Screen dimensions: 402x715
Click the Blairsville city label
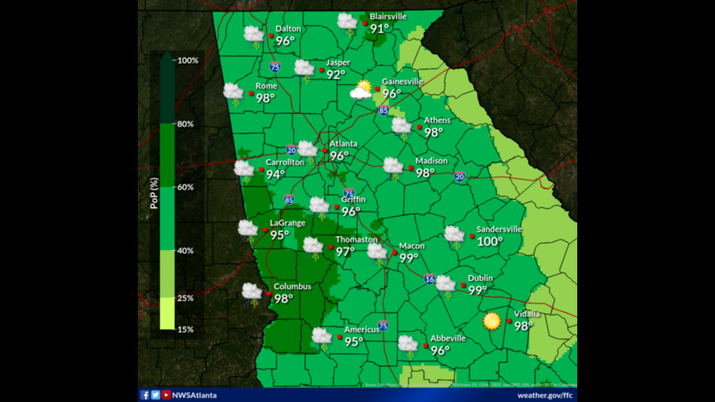[388, 16]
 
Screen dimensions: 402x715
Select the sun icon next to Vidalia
[492, 321]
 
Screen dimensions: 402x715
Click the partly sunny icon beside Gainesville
[362, 90]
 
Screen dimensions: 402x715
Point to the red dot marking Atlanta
[324, 151]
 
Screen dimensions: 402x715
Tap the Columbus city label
[292, 287]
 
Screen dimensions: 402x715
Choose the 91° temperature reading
[379, 29]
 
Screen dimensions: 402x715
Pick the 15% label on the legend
[185, 329]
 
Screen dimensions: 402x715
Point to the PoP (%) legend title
[154, 193]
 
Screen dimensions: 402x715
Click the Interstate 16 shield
[429, 279]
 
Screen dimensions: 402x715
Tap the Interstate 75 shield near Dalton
[275, 66]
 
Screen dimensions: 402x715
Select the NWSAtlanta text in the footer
[194, 395]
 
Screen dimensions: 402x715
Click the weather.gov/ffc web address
[544, 395]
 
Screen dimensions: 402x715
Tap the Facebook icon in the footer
[145, 395]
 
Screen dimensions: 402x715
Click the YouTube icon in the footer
[166, 395]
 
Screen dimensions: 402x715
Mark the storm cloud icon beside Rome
[233, 93]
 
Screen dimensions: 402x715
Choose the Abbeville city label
[448, 338]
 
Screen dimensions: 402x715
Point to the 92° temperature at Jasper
[336, 75]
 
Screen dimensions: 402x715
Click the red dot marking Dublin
[463, 285]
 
